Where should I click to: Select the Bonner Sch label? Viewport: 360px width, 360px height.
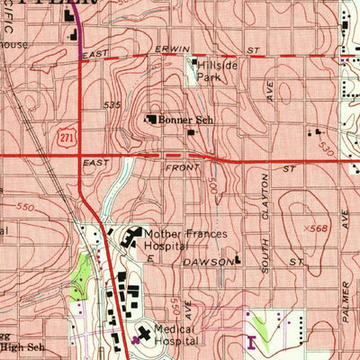(x=185, y=119)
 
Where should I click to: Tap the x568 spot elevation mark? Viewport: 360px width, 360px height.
(x=314, y=229)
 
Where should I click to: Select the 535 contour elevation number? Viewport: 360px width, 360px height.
(x=112, y=105)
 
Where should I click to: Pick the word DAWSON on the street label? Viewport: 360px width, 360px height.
(x=207, y=262)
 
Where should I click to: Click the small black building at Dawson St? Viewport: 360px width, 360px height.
(x=238, y=262)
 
